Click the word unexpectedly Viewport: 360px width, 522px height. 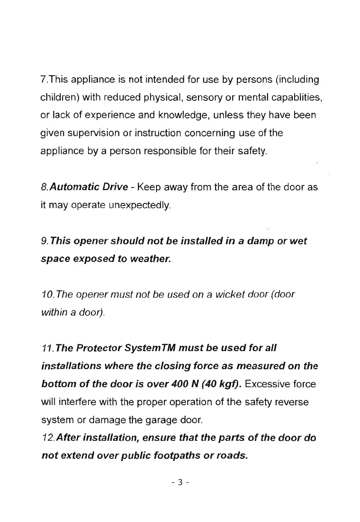141,206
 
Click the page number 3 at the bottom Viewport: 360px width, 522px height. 180,483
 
